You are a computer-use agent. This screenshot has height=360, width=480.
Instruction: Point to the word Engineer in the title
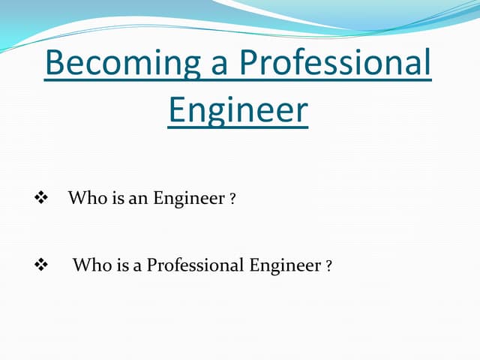click(238, 110)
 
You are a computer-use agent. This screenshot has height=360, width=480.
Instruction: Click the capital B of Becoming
click(56, 64)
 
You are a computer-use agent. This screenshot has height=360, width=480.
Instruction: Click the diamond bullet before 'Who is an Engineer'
click(41, 198)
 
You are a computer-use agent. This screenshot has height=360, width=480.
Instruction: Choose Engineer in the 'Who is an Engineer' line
click(189, 199)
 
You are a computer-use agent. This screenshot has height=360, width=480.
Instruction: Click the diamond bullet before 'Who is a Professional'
click(41, 265)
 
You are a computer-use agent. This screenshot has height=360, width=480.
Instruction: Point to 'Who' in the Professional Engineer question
click(89, 265)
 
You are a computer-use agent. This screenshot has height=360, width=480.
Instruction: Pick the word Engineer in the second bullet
click(285, 265)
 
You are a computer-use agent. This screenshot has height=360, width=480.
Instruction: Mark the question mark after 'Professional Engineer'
click(329, 266)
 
